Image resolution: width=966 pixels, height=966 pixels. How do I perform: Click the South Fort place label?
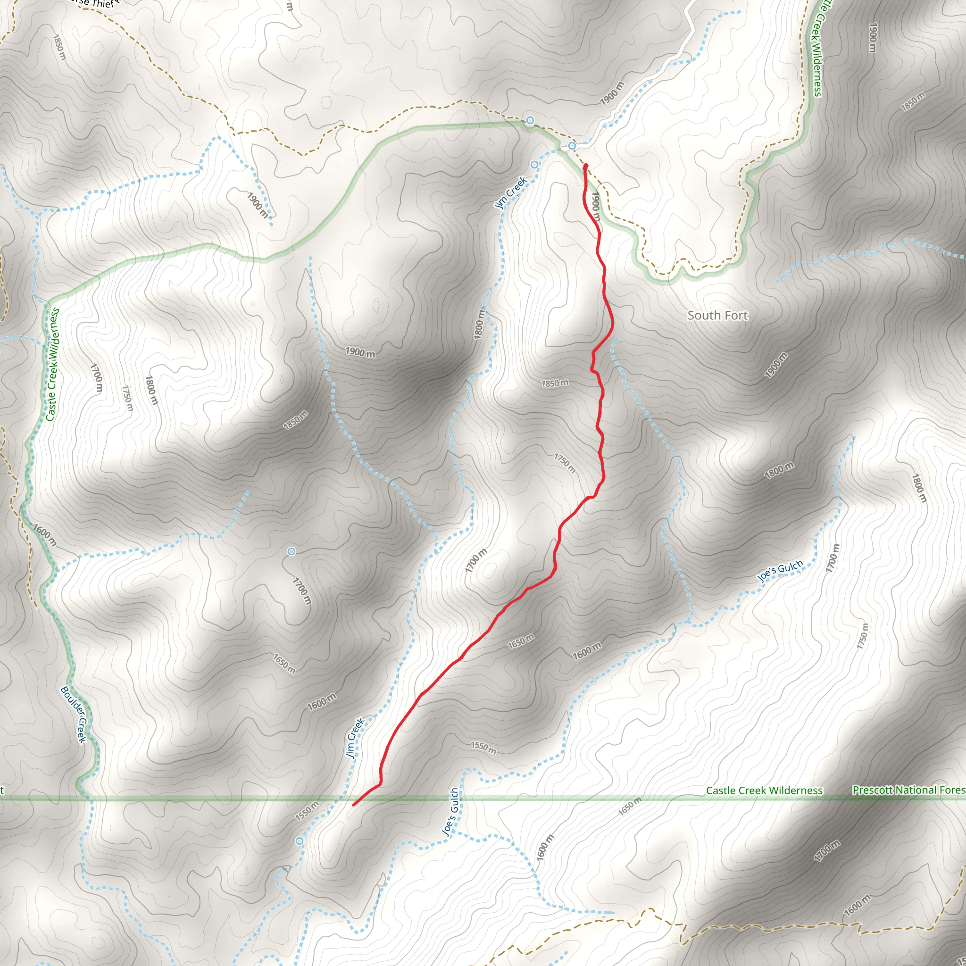(717, 316)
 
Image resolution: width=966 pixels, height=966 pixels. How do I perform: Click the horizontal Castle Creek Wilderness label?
(764, 791)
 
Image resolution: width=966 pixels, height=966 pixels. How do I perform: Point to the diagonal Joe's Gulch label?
(780, 571)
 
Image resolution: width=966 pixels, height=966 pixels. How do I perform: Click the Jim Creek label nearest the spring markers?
(510, 192)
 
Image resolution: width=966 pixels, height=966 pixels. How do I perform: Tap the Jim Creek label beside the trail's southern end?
(355, 738)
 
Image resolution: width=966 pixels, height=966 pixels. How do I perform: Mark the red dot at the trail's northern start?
(585, 166)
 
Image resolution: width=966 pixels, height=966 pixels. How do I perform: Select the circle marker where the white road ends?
(572, 146)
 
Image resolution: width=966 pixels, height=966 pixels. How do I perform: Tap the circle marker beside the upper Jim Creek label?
(534, 165)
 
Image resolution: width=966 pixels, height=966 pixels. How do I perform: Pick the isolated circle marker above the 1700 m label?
(291, 551)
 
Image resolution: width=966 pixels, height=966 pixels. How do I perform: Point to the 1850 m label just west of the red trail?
(555, 383)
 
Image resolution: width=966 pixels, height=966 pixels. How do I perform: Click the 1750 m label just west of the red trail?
(565, 463)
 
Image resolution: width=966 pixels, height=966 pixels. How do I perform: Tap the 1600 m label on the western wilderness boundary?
(45, 535)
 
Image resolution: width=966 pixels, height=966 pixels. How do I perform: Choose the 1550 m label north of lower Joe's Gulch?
(483, 748)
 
